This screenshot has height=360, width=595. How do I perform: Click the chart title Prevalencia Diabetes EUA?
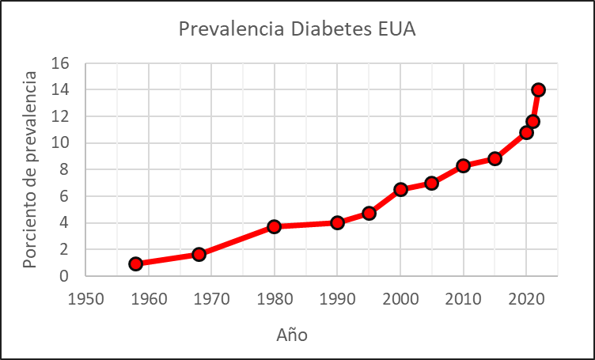(297, 29)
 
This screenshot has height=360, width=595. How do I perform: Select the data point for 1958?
(136, 263)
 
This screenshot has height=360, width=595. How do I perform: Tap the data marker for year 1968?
(199, 254)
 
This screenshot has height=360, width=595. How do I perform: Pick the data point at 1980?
(275, 226)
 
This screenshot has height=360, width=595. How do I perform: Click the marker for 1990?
(338, 222)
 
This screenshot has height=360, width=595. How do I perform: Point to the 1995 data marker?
(369, 213)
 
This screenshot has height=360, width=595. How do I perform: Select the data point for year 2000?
(400, 189)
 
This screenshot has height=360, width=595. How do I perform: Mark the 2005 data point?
(431, 183)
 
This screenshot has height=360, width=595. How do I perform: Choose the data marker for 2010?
(464, 165)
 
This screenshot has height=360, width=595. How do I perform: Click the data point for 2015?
(495, 158)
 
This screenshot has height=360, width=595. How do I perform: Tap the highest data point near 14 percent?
(539, 89)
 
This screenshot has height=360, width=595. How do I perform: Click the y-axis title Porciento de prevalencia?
(30, 169)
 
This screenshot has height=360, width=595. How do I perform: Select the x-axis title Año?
(291, 335)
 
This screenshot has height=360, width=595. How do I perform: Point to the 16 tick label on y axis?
(61, 63)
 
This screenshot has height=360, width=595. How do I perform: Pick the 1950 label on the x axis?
(86, 299)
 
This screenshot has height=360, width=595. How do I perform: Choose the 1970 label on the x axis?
(212, 299)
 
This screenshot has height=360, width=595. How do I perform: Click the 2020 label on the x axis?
(525, 299)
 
